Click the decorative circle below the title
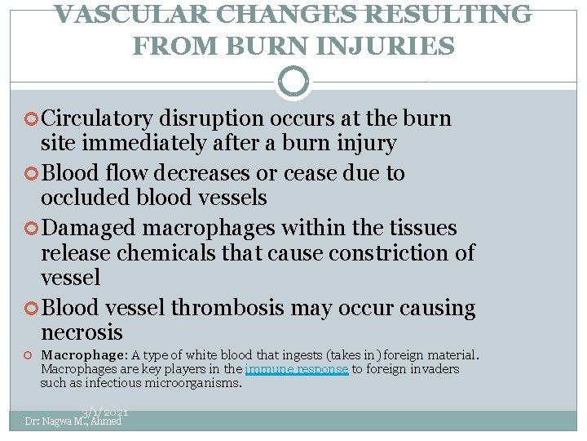293,82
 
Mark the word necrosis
82,332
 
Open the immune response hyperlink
296,369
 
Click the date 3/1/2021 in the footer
104,414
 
